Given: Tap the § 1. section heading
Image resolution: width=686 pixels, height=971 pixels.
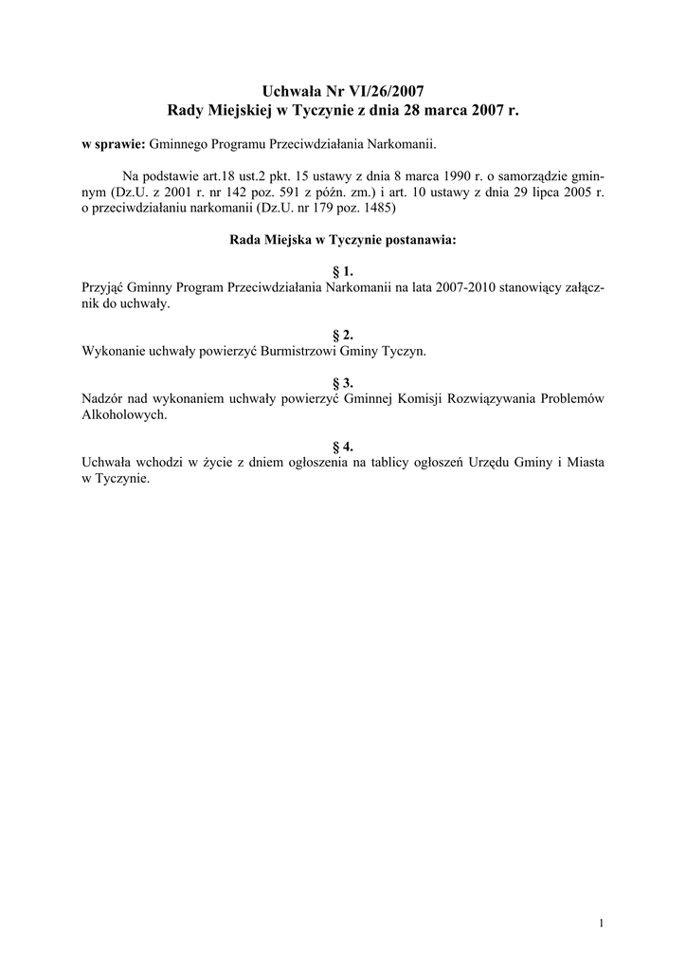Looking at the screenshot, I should [x=343, y=271].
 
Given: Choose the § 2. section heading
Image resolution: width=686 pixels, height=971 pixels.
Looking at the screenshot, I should [x=343, y=335].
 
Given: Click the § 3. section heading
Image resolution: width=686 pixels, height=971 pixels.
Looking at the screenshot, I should [x=343, y=382].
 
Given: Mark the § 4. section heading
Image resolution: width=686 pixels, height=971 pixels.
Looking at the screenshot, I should [x=343, y=447].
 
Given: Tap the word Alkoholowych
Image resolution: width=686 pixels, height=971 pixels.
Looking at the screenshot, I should [x=124, y=414].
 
